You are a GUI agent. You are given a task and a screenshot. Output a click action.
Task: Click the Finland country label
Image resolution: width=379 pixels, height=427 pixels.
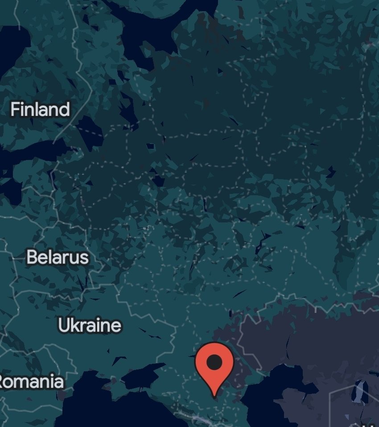coord(40,109)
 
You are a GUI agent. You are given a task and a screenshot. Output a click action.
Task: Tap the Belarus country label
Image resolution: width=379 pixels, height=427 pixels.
coord(58,257)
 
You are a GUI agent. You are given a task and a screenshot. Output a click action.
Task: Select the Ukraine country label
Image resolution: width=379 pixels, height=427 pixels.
coord(90,325)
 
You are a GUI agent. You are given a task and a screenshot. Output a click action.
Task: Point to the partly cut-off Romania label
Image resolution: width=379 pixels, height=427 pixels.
coord(31,382)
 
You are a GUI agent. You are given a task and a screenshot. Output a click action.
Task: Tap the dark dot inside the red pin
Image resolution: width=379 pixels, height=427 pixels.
coord(215,362)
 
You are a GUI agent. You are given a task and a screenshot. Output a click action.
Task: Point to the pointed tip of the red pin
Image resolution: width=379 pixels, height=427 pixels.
coord(215,396)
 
